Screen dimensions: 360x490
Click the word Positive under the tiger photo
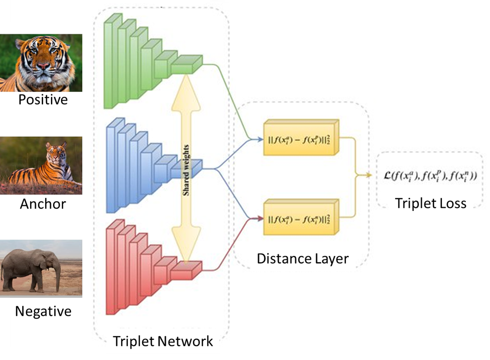[x=43, y=101]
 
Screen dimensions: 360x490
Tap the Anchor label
[x=43, y=204]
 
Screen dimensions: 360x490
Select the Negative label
[x=43, y=311]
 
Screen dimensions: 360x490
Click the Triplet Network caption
[x=163, y=341]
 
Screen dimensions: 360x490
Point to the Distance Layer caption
[x=303, y=259]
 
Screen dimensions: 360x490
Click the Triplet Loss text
[x=431, y=203]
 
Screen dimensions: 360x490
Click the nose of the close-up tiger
[x=43, y=66]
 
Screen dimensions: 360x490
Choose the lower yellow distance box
[x=299, y=219]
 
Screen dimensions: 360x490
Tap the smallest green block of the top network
[x=186, y=66]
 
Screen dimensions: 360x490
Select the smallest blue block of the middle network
[x=186, y=169]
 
